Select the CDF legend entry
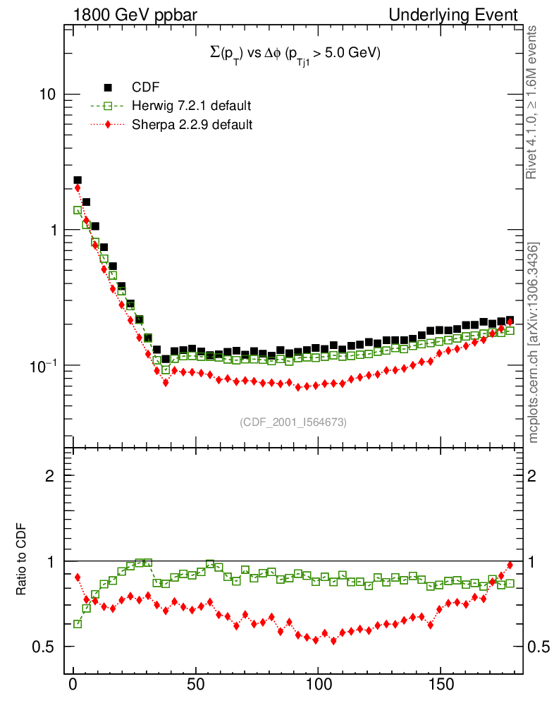(x=145, y=87)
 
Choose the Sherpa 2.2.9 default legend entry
(x=192, y=124)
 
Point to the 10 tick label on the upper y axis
(x=49, y=94)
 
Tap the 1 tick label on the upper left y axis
(x=54, y=230)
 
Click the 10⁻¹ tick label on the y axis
(x=44, y=365)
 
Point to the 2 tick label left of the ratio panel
(x=50, y=475)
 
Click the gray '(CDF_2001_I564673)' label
(x=293, y=422)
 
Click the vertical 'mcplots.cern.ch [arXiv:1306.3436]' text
(x=534, y=343)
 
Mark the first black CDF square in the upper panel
(x=78, y=180)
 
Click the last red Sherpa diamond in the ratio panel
(x=510, y=565)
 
